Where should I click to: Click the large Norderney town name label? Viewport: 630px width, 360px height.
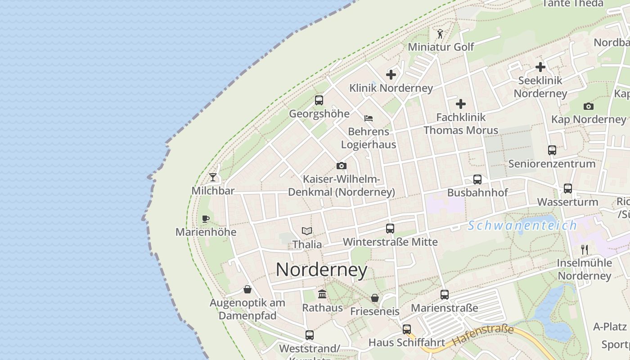321,270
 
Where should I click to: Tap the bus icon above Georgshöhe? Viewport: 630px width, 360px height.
319,100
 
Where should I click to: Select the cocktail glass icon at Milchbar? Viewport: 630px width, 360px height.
213,177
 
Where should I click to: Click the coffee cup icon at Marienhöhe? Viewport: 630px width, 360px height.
206,219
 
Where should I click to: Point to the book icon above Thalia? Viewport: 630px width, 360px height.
307,231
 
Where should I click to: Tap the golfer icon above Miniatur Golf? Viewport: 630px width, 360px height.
441,34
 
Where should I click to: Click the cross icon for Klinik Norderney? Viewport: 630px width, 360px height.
391,75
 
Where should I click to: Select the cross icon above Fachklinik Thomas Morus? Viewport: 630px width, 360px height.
461,104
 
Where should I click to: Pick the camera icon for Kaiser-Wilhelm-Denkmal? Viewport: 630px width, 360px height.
342,166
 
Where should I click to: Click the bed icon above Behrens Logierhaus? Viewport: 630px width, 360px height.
369,119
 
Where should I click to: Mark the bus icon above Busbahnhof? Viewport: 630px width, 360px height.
477,180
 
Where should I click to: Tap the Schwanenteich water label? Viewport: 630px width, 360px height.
522,225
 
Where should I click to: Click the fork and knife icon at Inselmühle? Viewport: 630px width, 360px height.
585,249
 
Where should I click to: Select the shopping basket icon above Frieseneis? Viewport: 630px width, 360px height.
375,298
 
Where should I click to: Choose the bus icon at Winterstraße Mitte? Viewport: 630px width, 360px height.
390,229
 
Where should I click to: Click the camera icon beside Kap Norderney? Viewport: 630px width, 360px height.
589,107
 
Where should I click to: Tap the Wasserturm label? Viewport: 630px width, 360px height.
567,202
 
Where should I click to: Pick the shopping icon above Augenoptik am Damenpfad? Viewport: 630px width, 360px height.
247,289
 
